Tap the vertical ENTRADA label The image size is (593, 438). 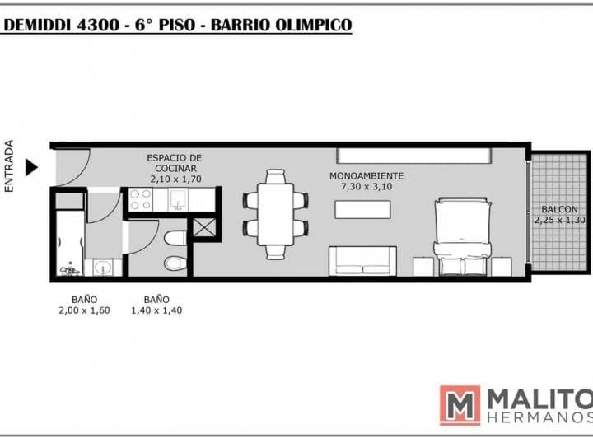pos(10,166)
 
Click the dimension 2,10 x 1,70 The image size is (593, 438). pos(175,178)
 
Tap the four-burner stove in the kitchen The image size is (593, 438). pos(139,200)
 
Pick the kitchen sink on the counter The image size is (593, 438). pos(180,200)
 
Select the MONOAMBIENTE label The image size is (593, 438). pos(367,176)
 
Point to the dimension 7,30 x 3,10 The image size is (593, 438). pos(367,187)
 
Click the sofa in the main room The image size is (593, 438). pos(363,260)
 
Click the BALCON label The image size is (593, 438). pos(559,209)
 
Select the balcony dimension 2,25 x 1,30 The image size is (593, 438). pos(559,220)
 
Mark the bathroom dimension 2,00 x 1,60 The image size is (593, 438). pos(84,310)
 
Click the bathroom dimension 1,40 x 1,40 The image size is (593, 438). pos(156,310)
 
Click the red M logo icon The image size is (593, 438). pos(460,405)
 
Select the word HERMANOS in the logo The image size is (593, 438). pos(539,419)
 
